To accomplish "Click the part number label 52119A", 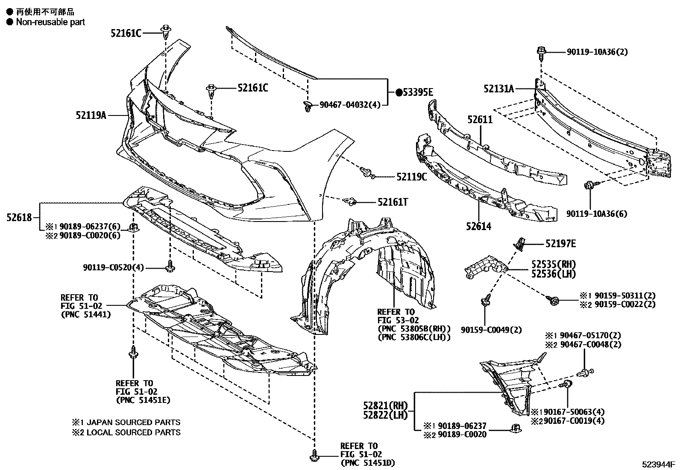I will (x=91, y=115).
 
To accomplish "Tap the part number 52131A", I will (x=498, y=89).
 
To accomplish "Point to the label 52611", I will (x=480, y=120).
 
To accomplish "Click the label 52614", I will (x=478, y=226).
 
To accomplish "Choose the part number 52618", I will (x=19, y=217).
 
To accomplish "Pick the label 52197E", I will (x=560, y=244).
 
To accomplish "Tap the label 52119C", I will (x=411, y=176).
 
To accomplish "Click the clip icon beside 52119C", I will (x=368, y=173).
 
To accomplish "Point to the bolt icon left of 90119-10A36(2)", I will (x=540, y=52).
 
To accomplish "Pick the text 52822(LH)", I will (x=386, y=414).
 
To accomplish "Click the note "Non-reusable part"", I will (x=50, y=22).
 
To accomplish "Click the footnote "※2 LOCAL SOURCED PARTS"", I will (x=126, y=432).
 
